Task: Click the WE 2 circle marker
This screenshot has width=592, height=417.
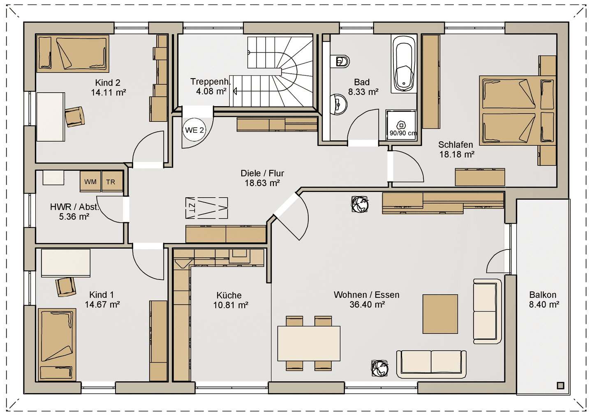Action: pos(194,130)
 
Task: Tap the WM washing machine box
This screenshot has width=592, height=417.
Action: pos(90,181)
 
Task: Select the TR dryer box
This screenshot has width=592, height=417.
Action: pos(112,181)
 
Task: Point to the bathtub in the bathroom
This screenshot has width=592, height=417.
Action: pos(403,64)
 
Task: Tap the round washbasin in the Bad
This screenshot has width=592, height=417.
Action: pos(338,104)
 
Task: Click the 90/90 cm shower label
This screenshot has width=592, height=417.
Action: pos(403,133)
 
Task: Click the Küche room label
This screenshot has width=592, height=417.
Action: pos(229,295)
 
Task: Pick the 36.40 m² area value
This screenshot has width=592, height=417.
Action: pos(367,305)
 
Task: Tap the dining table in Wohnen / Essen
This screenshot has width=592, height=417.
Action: pos(309,343)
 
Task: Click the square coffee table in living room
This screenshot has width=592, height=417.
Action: pos(440,314)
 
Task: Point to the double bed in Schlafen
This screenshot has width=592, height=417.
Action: pos(518,111)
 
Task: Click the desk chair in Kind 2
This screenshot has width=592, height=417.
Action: pos(75,116)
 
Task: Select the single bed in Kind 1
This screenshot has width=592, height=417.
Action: pos(57,345)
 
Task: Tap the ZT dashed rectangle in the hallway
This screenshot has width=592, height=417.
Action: pos(207,208)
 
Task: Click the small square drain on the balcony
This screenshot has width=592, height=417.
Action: pos(561,386)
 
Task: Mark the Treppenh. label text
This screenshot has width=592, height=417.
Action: pos(210,82)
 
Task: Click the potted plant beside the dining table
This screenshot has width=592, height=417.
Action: pos(379,368)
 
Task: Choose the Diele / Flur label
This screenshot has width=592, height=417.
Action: pos(262,173)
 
